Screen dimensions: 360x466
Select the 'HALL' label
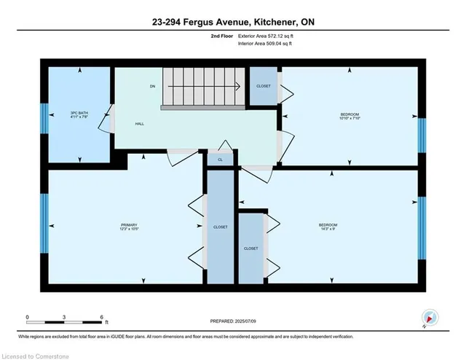139,124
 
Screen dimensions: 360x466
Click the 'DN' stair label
153,87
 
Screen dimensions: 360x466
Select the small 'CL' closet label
221,159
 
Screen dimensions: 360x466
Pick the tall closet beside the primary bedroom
221,227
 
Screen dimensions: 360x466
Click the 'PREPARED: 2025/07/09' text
232,321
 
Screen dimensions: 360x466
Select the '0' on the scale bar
27,317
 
